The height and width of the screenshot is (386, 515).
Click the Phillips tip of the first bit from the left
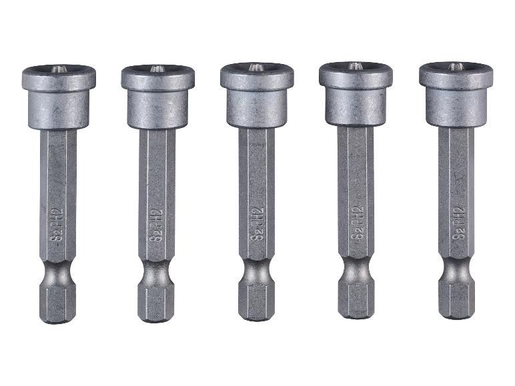(55, 69)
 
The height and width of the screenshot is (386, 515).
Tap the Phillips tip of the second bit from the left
(155, 69)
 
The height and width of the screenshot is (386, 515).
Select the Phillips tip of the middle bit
(255, 67)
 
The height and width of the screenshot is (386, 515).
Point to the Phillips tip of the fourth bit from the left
(354, 66)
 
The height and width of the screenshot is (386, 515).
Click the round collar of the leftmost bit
(57, 107)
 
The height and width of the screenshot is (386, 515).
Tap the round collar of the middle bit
(256, 105)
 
